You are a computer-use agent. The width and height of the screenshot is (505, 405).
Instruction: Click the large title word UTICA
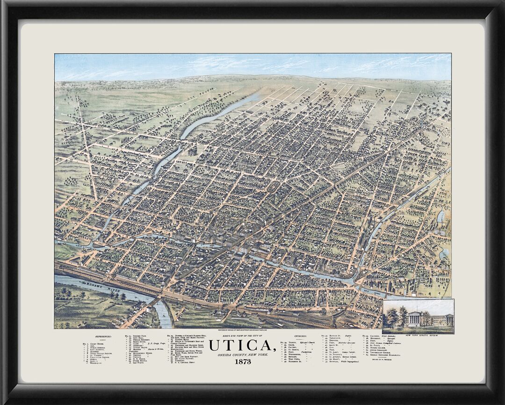click(x=242, y=346)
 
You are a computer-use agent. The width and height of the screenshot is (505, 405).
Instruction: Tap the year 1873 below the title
click(x=243, y=362)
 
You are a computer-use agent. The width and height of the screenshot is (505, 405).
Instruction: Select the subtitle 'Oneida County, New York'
click(x=242, y=355)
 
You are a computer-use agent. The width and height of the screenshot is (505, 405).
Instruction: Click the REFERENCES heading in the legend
click(x=103, y=336)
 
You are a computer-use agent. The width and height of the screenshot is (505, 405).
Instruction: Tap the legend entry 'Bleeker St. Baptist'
click(x=339, y=336)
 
